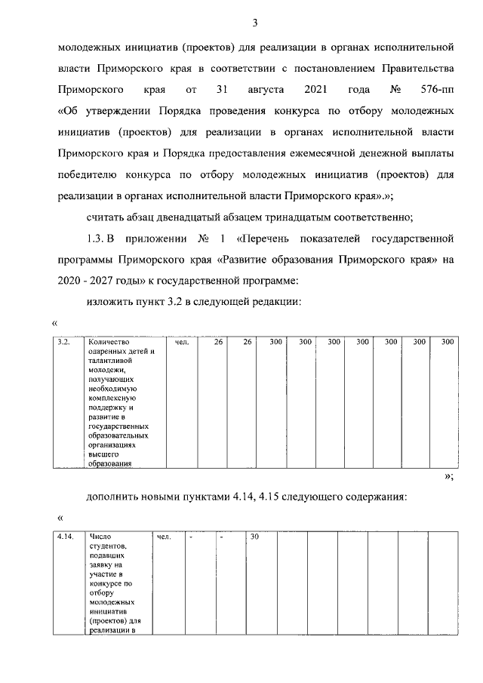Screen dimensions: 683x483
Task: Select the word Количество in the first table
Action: point(108,342)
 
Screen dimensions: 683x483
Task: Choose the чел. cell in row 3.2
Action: point(181,342)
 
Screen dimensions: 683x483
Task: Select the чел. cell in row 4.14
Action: point(164,537)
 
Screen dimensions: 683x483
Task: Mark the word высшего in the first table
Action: point(102,454)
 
